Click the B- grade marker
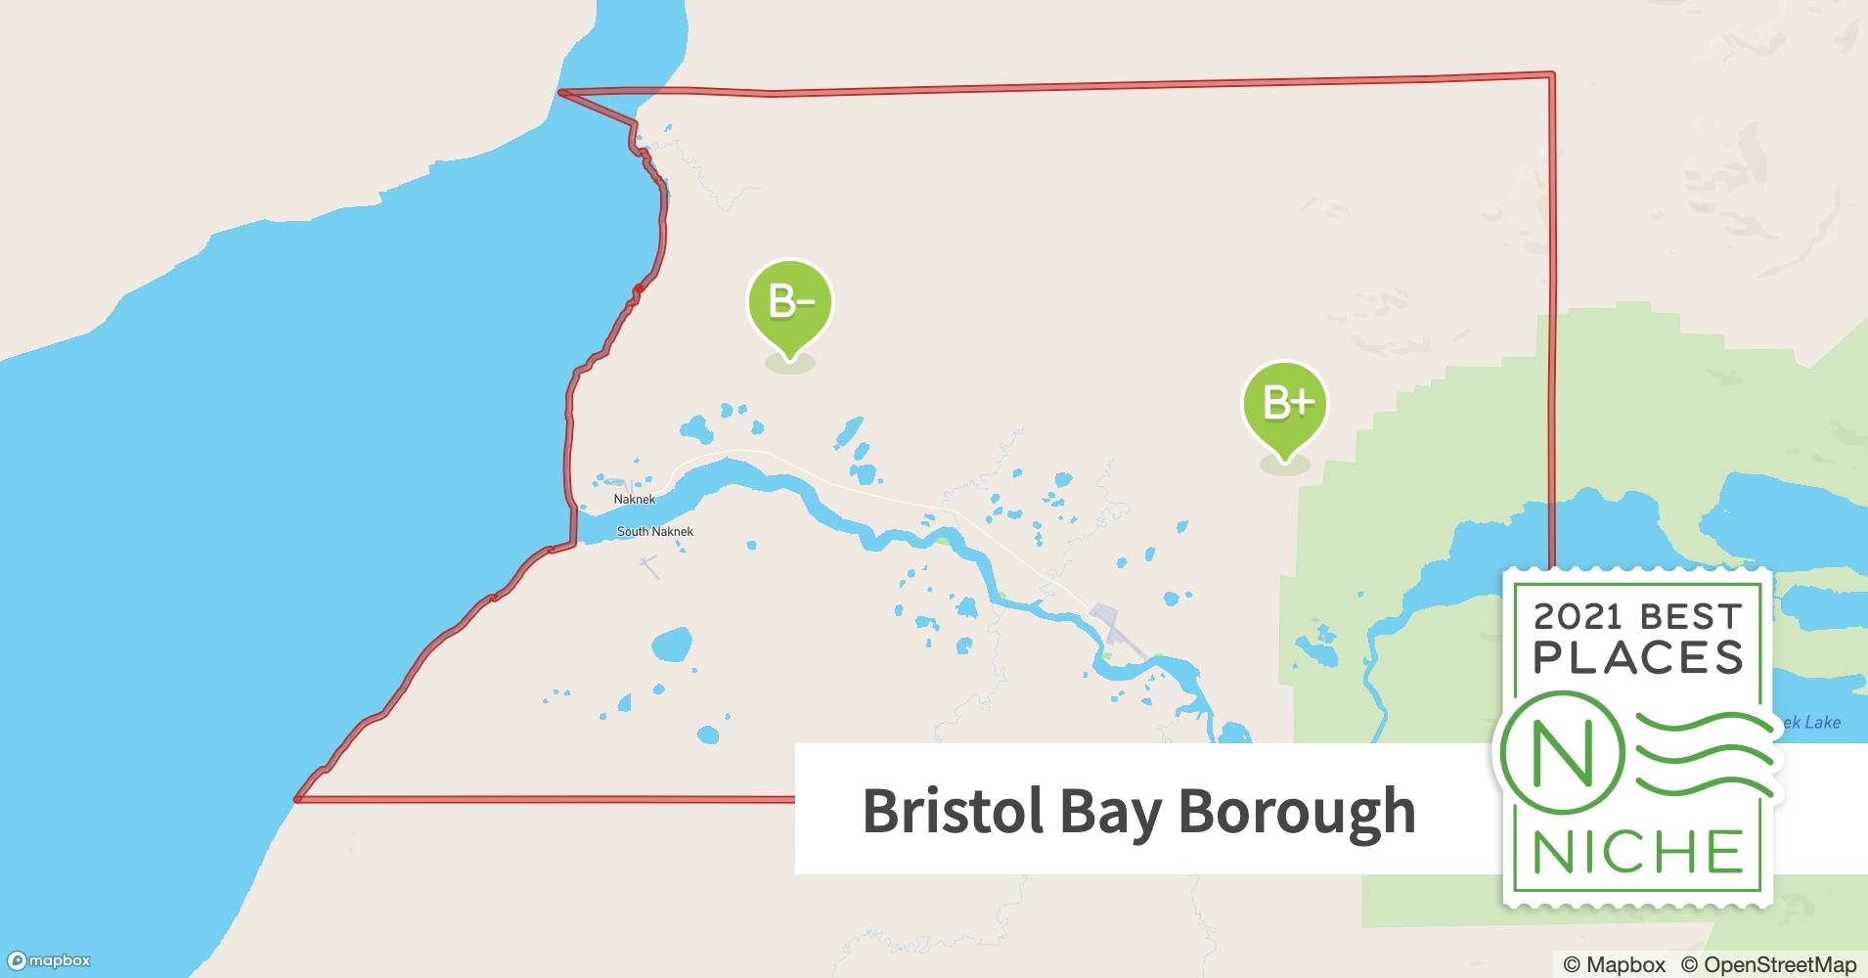[x=789, y=303]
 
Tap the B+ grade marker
[x=1284, y=405]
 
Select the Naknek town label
[x=634, y=499]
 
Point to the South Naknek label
[x=655, y=532]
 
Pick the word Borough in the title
[x=1296, y=811]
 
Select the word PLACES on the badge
[x=1638, y=658]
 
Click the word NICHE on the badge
[x=1638, y=852]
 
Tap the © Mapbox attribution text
[x=1614, y=964]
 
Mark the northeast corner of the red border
[x=1551, y=74]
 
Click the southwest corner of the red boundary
[x=297, y=799]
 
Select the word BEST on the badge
[x=1692, y=616]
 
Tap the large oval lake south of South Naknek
[x=671, y=645]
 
